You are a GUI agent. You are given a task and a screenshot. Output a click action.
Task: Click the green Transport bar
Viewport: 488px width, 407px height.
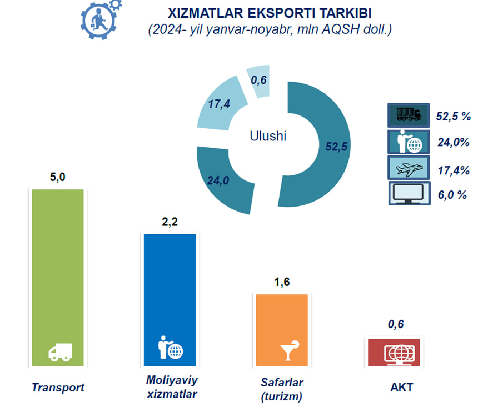pyautogui.click(x=58, y=277)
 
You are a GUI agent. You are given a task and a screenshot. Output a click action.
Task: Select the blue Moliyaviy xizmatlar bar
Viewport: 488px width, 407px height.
pyautogui.click(x=170, y=300)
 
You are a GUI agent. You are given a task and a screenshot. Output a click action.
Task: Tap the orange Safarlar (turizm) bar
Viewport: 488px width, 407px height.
pyautogui.click(x=282, y=330)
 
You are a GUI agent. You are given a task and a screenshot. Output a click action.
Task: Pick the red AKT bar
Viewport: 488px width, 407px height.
pyautogui.click(x=394, y=352)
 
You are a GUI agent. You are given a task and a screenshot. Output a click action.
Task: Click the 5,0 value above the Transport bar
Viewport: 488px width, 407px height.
pyautogui.click(x=58, y=177)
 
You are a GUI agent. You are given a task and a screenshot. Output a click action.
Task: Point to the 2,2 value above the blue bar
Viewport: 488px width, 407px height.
pyautogui.click(x=170, y=222)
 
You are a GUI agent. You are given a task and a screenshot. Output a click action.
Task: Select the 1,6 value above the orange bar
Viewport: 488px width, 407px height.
pyautogui.click(x=282, y=282)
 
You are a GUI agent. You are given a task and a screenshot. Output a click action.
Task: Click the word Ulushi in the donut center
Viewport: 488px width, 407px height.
pyautogui.click(x=268, y=136)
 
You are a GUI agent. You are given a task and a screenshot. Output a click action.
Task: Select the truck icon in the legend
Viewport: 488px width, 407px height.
pyautogui.click(x=409, y=115)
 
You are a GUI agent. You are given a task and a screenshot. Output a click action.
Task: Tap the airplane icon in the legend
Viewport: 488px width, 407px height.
pyautogui.click(x=409, y=168)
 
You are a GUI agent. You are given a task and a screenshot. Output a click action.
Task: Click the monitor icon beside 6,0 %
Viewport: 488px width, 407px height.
pyautogui.click(x=410, y=193)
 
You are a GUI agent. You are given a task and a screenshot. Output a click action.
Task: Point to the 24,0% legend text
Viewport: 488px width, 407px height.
pyautogui.click(x=454, y=142)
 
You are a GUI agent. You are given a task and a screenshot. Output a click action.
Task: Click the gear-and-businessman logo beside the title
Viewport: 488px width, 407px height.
pyautogui.click(x=101, y=19)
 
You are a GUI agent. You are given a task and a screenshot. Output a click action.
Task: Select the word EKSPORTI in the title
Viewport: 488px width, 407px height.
pyautogui.click(x=281, y=13)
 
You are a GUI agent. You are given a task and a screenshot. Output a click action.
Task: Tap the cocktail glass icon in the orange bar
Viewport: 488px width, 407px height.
pyautogui.click(x=290, y=350)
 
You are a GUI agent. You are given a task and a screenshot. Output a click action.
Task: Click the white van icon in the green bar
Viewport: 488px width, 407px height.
pyautogui.click(x=61, y=352)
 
